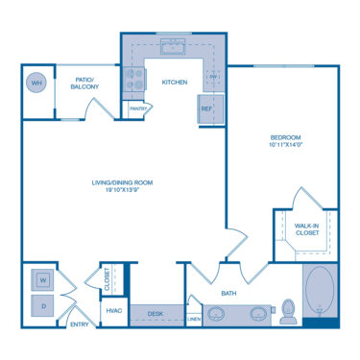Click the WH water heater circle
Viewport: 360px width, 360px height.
37,83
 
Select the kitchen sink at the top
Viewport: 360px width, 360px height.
174,47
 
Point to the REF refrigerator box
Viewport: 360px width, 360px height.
207,108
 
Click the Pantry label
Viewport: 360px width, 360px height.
139,108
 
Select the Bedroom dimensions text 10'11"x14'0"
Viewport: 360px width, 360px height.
285,146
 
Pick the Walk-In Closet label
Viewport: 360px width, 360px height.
306,228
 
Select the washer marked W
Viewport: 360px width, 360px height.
44,280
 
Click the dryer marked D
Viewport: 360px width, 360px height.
44,306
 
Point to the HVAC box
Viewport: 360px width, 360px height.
113,311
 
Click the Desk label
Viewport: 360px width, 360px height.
155,312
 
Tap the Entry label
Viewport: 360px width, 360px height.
79,324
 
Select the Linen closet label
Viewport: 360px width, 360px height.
193,318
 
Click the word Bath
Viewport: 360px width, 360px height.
228,293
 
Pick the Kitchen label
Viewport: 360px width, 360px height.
174,82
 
